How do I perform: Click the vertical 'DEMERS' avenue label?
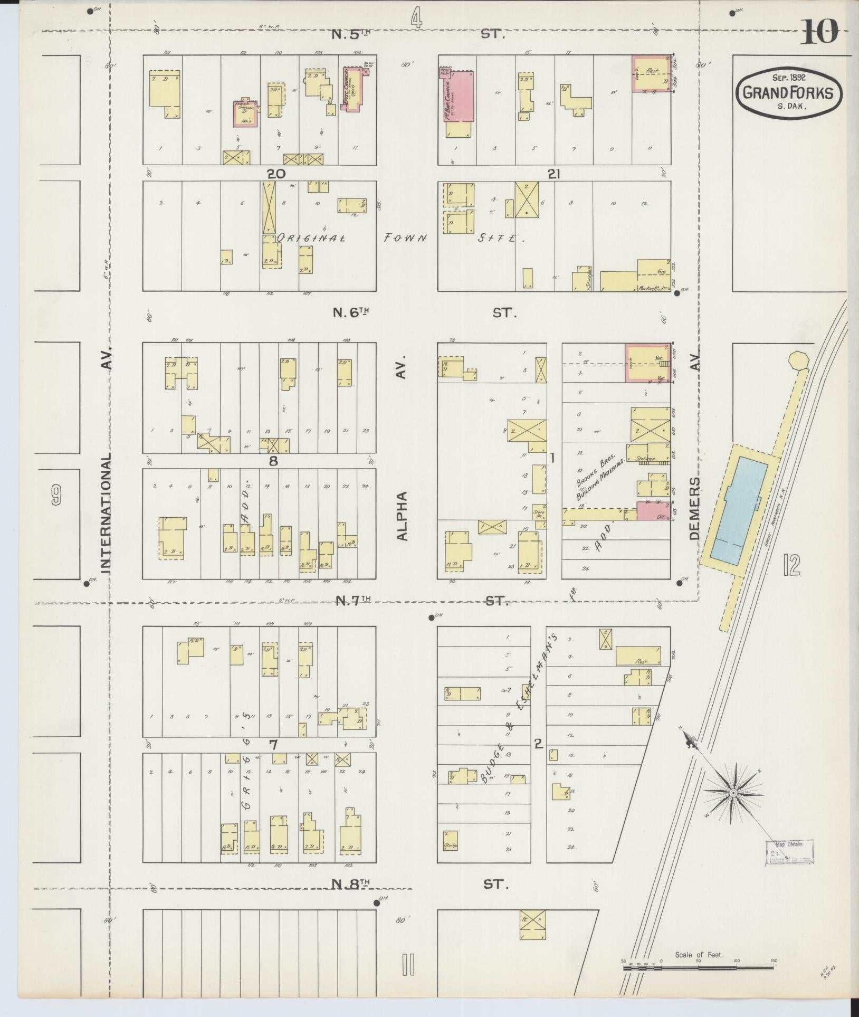694,508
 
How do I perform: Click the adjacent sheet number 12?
791,565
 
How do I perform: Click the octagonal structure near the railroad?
797,363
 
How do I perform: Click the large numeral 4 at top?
417,19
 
